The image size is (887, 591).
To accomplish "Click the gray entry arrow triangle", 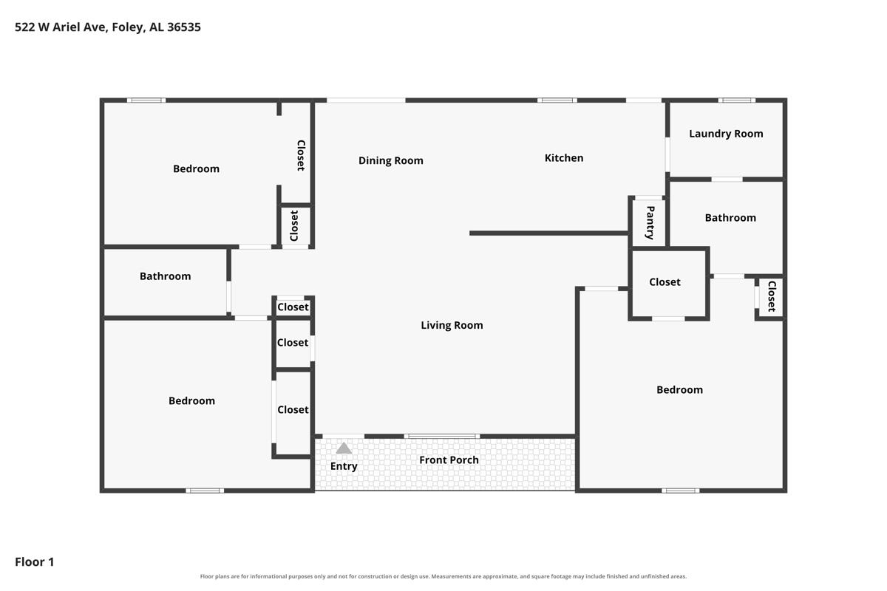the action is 343,448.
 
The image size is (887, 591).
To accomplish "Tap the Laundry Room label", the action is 726,134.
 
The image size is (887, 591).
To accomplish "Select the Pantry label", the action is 650,222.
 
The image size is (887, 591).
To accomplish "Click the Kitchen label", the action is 564,158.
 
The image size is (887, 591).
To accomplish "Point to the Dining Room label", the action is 391,161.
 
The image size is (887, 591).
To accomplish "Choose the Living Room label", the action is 452,325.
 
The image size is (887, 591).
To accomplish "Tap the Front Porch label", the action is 449,460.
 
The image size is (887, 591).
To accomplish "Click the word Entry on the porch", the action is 344,467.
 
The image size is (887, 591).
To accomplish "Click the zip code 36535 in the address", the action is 184,27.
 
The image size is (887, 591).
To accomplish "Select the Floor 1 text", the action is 35,561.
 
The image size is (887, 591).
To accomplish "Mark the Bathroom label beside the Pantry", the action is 730,218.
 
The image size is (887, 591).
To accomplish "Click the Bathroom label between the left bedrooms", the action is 165,276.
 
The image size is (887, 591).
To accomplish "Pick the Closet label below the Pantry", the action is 665,282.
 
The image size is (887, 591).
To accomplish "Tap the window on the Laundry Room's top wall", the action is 736,100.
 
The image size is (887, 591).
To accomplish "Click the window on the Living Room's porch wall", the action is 442,436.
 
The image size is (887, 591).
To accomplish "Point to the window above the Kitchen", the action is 557,100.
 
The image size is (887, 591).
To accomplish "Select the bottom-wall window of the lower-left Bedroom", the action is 205,491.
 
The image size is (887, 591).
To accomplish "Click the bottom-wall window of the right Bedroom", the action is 680,491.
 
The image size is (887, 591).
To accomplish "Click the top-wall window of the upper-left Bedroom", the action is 146,100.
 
